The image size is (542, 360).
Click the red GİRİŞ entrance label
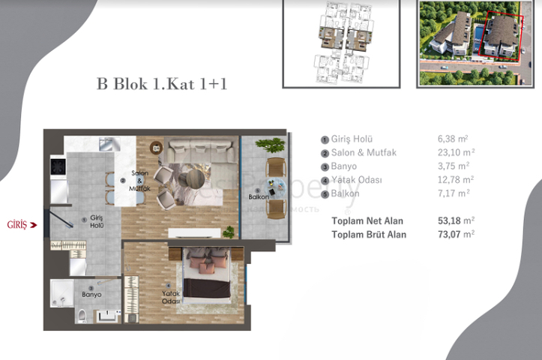(16, 224)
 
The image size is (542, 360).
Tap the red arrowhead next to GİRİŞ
(34, 224)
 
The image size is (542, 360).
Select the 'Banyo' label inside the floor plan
(91, 294)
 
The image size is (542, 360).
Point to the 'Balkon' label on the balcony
(259, 197)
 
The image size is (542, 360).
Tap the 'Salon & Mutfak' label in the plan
(140, 181)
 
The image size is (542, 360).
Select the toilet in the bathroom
(82, 315)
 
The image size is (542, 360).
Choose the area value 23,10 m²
(453, 152)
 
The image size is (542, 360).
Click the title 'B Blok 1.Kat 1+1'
(162, 84)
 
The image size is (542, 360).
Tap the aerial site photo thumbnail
(470, 43)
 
